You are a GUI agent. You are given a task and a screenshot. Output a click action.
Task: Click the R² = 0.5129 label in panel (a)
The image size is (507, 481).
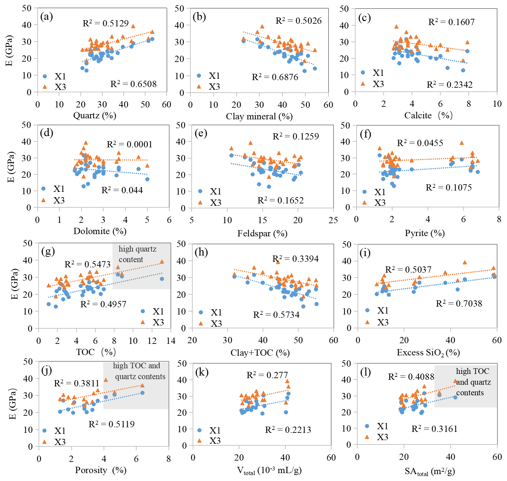click(x=106, y=23)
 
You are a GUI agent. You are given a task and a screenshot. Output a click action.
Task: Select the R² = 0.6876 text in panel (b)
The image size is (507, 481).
click(x=275, y=77)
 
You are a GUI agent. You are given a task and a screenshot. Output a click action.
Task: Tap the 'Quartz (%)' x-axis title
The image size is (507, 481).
click(x=95, y=115)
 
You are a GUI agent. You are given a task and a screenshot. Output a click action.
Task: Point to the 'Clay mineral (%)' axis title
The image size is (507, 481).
click(x=259, y=116)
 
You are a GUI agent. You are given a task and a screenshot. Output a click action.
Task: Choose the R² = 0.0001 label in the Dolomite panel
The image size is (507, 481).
click(x=129, y=144)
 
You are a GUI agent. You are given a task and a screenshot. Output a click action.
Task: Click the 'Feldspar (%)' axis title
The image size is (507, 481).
click(x=262, y=233)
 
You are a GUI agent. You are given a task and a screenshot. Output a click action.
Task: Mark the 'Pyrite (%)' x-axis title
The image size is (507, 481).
click(x=425, y=233)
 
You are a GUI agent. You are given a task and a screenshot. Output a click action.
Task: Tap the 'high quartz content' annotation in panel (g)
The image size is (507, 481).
click(x=138, y=254)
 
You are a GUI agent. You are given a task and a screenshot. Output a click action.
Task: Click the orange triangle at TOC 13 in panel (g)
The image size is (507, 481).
click(x=162, y=262)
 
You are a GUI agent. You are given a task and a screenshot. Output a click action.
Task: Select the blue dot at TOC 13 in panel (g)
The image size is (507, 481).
click(x=162, y=279)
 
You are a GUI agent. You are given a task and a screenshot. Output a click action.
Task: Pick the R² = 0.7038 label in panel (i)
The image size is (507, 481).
click(x=459, y=304)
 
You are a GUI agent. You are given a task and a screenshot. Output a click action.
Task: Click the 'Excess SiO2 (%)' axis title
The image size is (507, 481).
click(x=428, y=353)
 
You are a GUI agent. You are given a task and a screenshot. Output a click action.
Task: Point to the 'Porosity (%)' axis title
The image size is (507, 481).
click(x=101, y=470)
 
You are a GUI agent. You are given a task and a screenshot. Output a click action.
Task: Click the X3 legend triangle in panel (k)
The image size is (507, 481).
click(x=200, y=441)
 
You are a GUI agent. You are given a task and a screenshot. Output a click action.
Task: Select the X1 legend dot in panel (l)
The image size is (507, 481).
click(x=367, y=426)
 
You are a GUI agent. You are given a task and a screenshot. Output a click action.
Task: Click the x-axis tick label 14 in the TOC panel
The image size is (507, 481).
click(x=171, y=341)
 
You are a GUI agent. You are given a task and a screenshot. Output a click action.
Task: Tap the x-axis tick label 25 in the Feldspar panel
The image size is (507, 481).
click(x=333, y=220)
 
